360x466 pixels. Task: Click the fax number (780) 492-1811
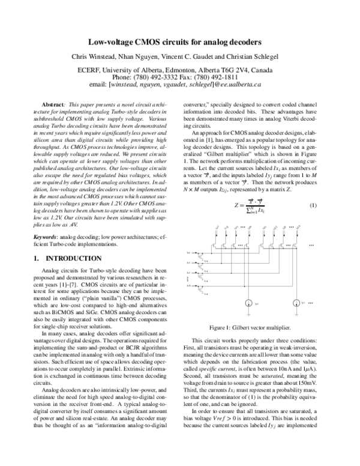[x=225, y=77]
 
